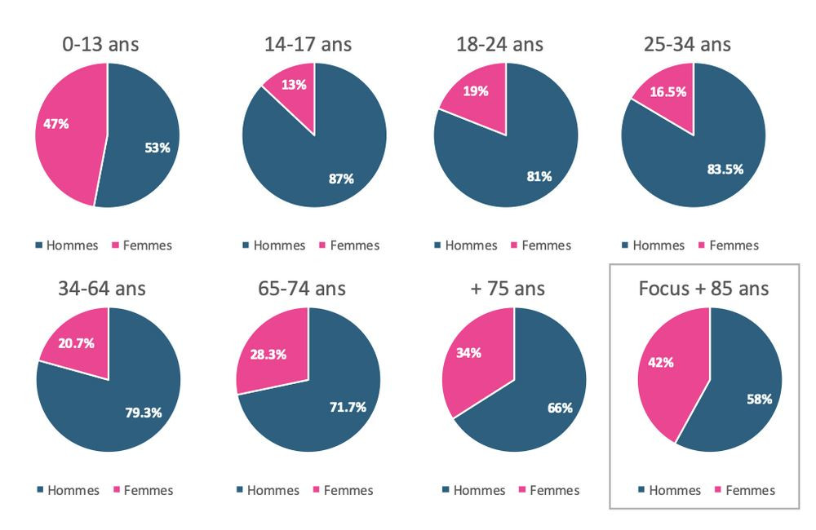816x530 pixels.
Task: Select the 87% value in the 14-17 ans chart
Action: coord(341,178)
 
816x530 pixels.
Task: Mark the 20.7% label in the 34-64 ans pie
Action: coord(78,343)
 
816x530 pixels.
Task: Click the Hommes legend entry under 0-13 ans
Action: coord(68,245)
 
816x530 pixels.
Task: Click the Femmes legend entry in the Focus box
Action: coord(743,490)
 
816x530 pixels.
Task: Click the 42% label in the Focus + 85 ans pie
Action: coord(661,362)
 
